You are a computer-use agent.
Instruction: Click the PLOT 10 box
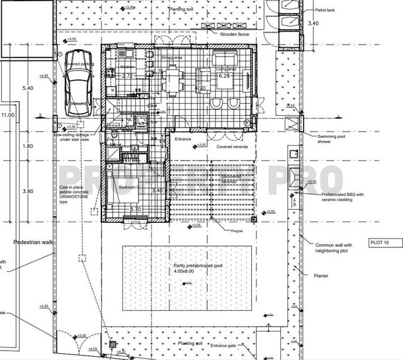[380, 242]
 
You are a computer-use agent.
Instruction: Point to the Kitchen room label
[128, 66]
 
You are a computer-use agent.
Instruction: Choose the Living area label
[224, 69]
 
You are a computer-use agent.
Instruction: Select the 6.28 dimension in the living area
[225, 76]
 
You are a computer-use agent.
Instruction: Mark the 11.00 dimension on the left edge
[7, 115]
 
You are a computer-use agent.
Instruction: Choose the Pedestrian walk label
[33, 242]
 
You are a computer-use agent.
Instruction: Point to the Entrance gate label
[244, 346]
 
